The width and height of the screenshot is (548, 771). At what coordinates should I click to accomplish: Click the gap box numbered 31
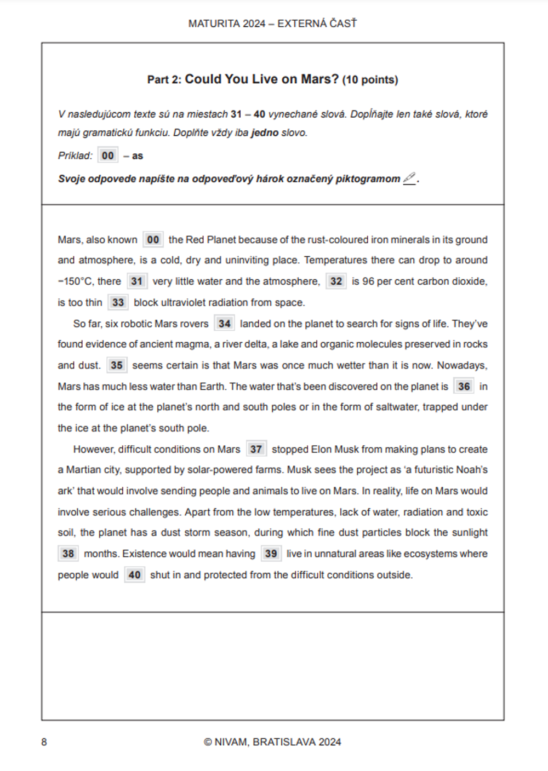(x=136, y=281)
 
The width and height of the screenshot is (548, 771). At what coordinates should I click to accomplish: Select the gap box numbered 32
(x=336, y=281)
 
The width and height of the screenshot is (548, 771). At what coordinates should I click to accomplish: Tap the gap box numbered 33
(x=118, y=302)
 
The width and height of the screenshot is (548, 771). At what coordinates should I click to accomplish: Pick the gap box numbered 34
(x=224, y=324)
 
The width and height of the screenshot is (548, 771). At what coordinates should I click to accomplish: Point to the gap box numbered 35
(x=116, y=365)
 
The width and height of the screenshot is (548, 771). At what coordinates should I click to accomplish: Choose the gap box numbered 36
(x=464, y=387)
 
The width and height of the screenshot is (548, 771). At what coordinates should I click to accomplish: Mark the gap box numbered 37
(x=256, y=450)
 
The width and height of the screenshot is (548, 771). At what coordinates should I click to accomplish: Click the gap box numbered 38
(x=68, y=554)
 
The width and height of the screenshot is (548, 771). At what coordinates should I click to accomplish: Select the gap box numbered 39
(x=271, y=554)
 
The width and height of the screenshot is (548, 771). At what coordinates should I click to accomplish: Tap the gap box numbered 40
(x=134, y=575)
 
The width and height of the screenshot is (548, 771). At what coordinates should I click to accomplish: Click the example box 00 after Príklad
(x=107, y=156)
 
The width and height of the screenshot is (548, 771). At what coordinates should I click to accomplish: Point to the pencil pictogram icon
(x=409, y=179)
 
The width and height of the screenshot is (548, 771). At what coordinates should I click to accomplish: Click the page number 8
(x=44, y=742)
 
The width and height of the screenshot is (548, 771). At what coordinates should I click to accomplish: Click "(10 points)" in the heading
(x=370, y=80)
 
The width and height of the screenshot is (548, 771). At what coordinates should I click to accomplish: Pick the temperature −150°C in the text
(x=75, y=281)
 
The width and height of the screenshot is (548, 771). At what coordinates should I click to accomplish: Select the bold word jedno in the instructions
(x=265, y=133)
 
